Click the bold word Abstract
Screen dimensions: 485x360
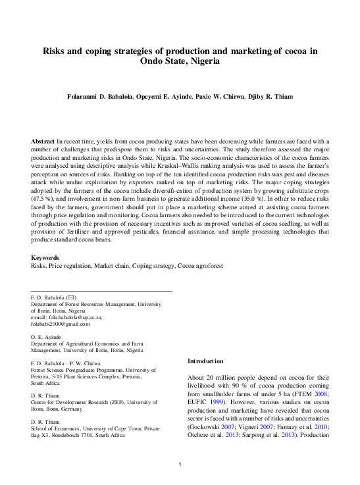coord(43,141)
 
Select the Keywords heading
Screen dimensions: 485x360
coord(45,258)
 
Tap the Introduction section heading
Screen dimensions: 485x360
coord(206,361)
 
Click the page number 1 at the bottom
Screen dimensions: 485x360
coord(180,465)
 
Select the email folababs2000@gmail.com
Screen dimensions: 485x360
coord(61,324)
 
